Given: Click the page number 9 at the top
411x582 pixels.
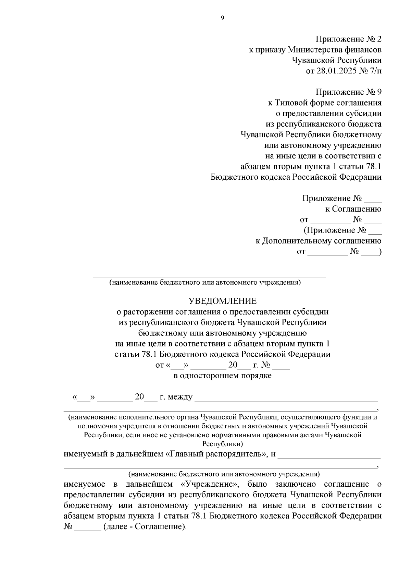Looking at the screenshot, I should (222, 19).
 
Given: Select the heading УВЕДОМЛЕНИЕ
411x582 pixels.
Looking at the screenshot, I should (223, 301).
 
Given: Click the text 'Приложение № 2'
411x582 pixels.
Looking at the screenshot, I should (348, 39).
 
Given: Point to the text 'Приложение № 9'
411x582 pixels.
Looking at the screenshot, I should (348, 92).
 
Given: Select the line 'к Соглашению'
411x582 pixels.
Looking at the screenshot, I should (353, 209).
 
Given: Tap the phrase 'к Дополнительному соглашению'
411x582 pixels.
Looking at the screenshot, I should (318, 241).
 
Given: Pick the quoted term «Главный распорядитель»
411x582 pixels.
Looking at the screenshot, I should (216, 454).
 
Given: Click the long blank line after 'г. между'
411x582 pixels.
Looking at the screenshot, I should (286, 400).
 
